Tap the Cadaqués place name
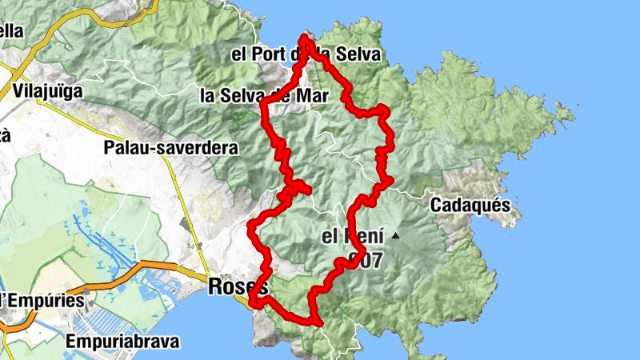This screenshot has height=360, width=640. pos(470,205)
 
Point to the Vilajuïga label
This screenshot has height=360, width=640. pos(48,91)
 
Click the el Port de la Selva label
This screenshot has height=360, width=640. pos(305,56)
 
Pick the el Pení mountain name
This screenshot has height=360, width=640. pos(350,237)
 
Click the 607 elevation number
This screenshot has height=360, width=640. pos(363,259)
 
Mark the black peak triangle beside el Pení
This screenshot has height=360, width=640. pos(395,236)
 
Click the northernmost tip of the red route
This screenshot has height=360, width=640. pos(305,37)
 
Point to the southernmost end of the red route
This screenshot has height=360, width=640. pos(319,323)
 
